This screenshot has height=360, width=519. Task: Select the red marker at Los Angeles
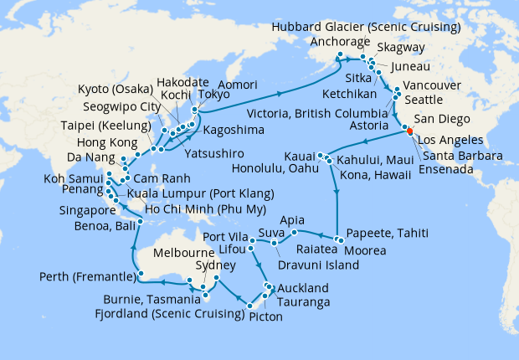coord(409,131)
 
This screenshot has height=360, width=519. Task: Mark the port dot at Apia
coord(294,232)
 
